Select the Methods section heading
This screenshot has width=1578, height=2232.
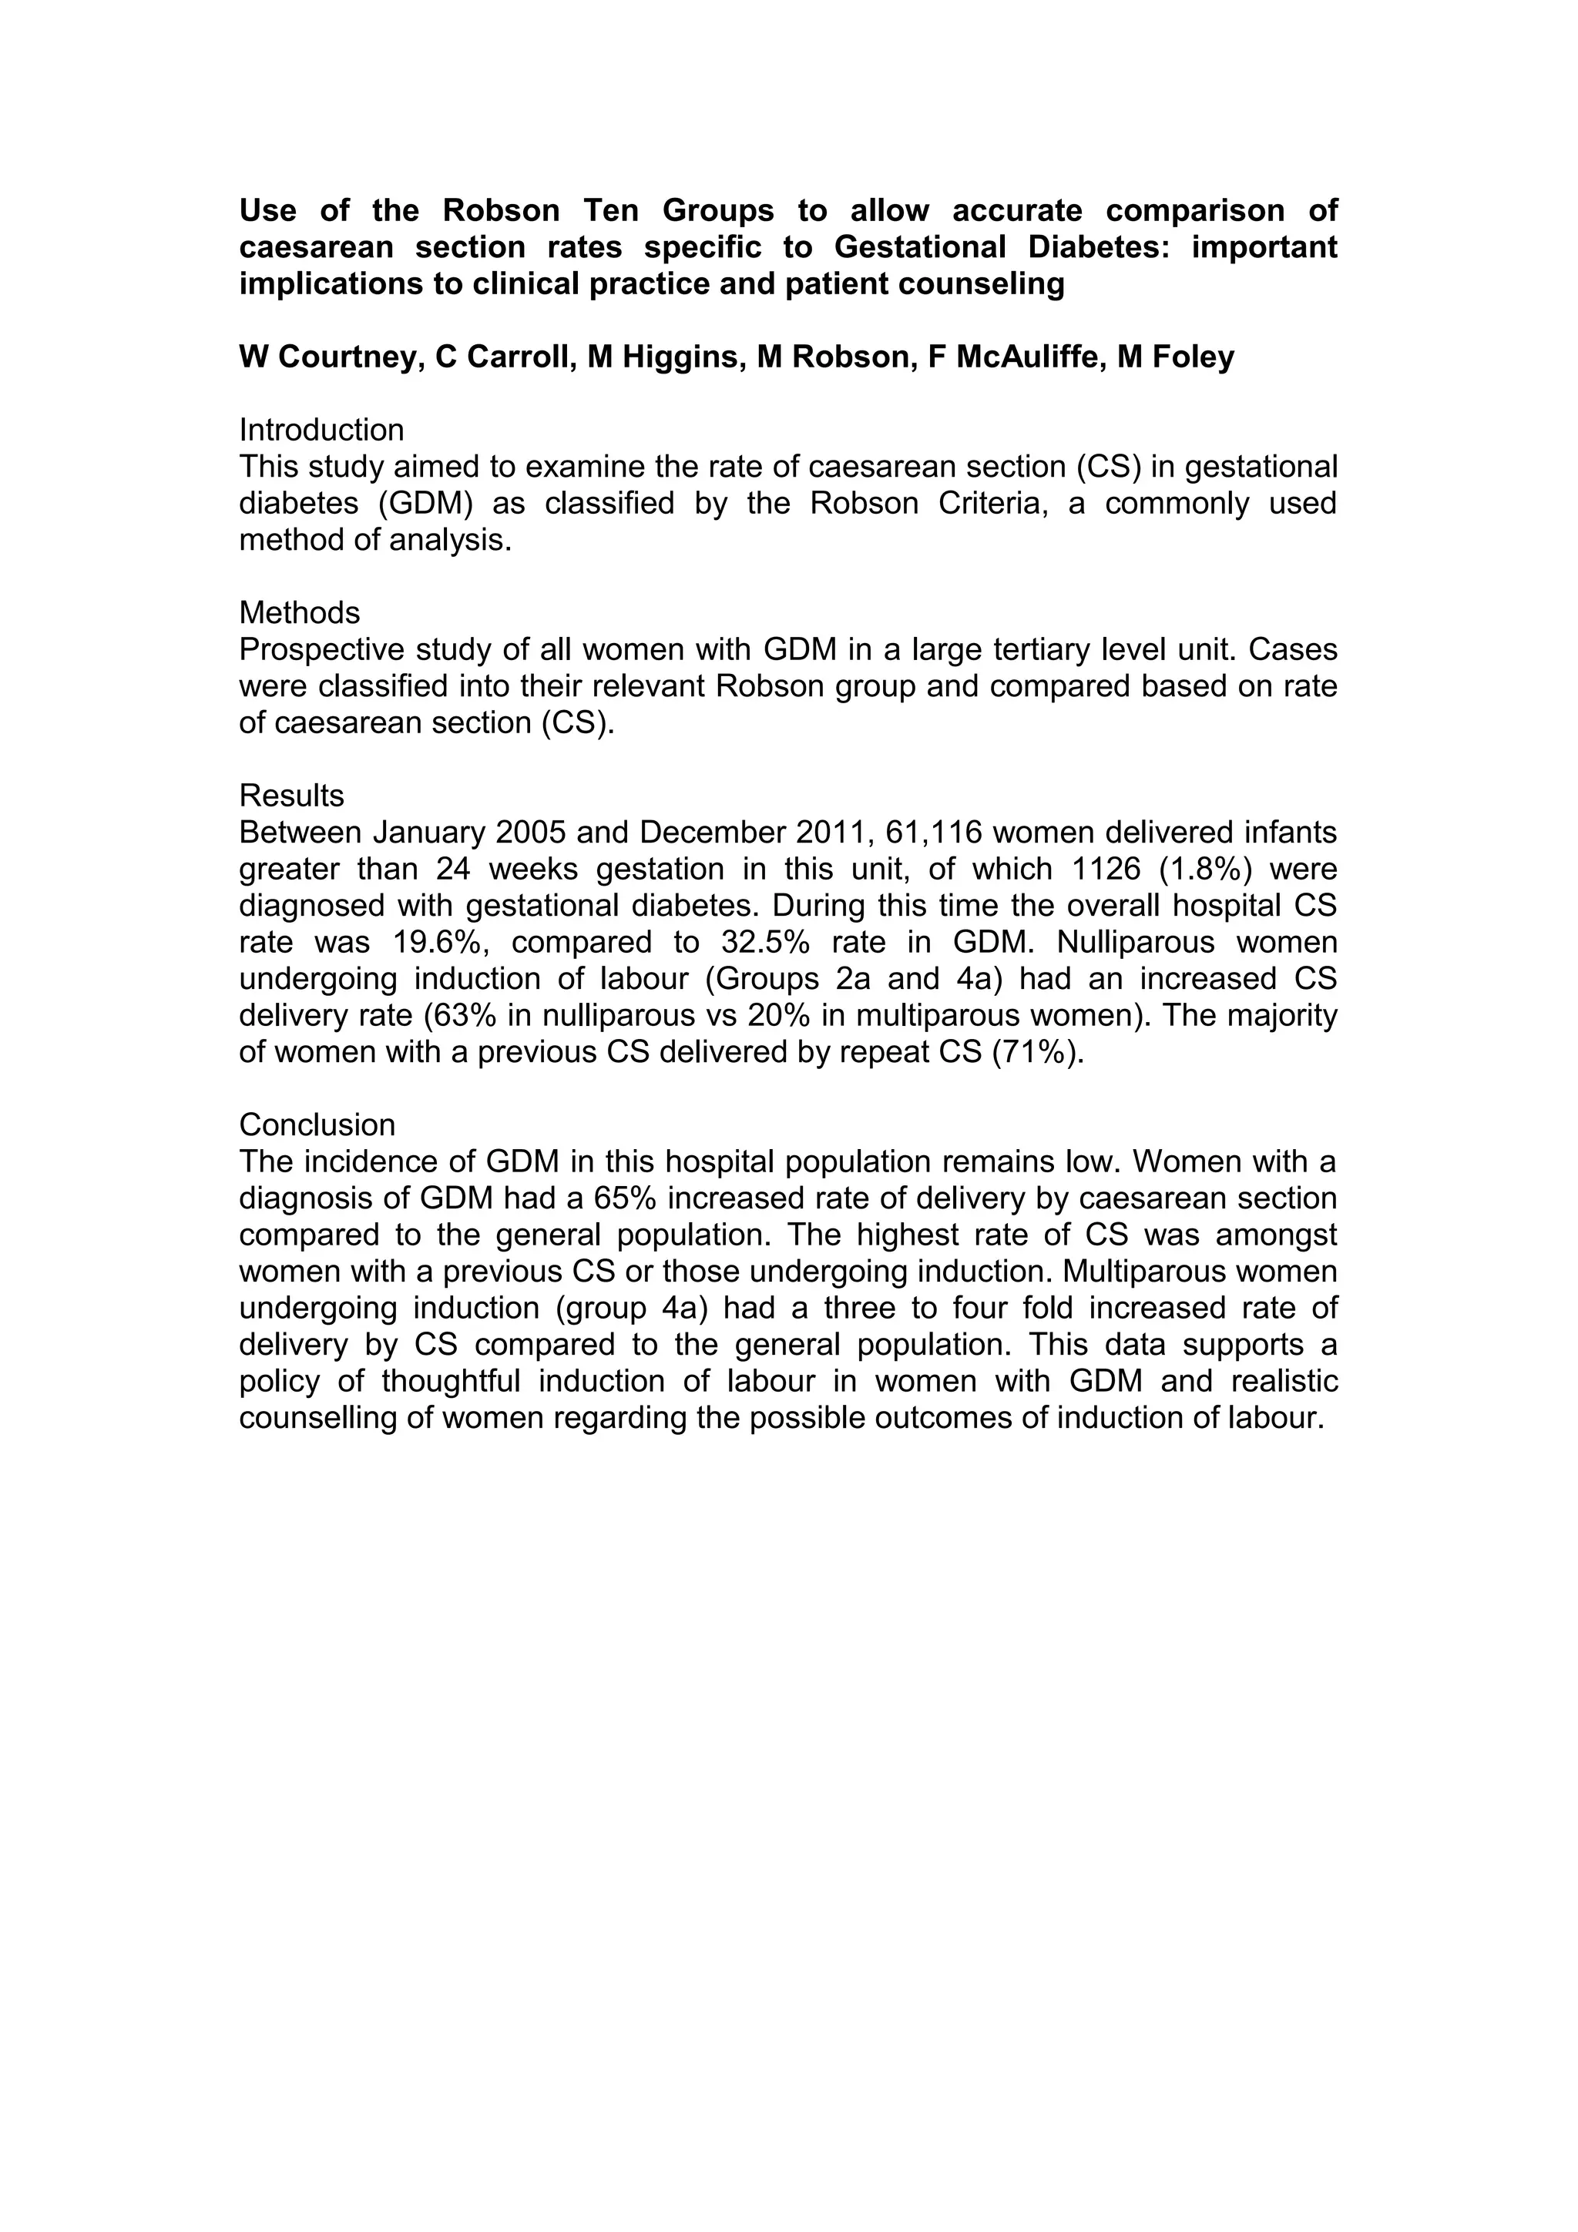[300, 612]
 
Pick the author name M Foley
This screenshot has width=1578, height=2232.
[1176, 357]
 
